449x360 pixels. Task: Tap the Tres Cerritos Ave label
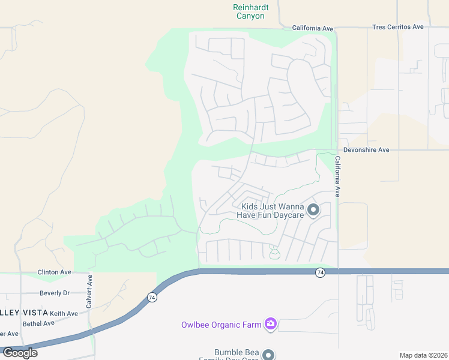coord(397,27)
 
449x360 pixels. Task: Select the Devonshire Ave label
coord(366,149)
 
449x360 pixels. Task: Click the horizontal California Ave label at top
coord(312,28)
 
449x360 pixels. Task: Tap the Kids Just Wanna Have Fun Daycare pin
coord(313,210)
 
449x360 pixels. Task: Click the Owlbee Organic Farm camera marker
coord(271,324)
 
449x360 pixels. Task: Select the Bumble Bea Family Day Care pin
coord(269,355)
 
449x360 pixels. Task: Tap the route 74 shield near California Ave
coord(321,272)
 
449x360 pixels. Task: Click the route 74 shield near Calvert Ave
coord(152,297)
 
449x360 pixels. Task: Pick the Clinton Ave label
coord(54,272)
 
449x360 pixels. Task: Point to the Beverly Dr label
coord(55,293)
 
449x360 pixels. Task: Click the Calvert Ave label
coord(89,292)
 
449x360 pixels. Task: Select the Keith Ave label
coord(64,313)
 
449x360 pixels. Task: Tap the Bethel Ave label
coord(38,323)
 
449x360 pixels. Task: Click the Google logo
coord(20,352)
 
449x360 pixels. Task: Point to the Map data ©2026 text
coord(423,355)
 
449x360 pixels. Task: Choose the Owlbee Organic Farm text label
coord(221,325)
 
